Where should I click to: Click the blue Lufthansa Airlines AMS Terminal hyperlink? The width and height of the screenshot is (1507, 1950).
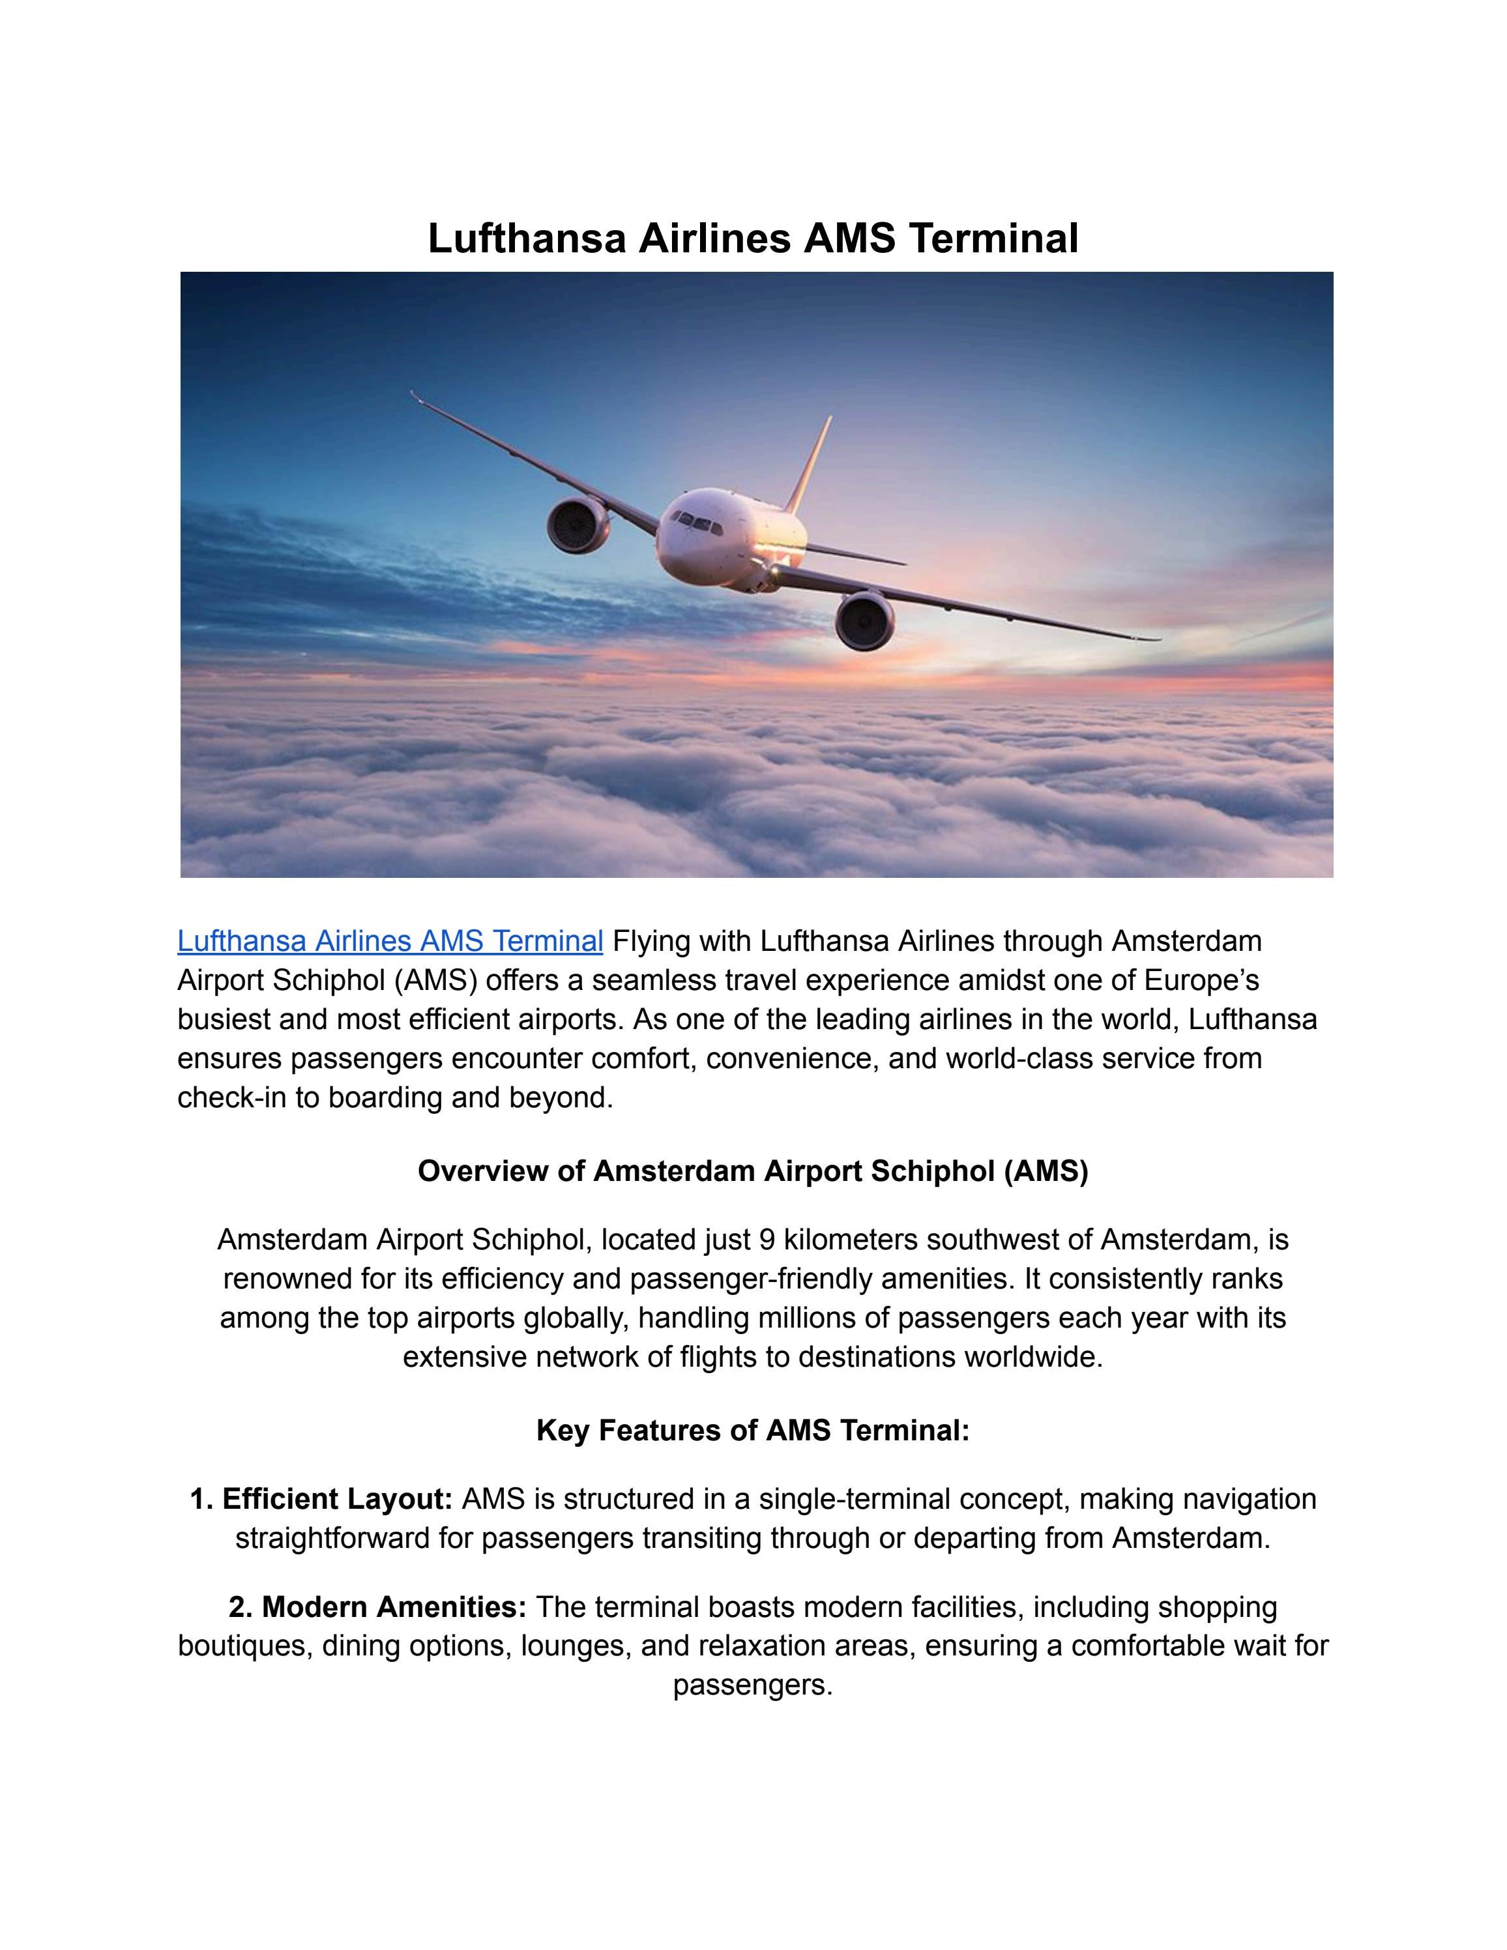[x=390, y=941]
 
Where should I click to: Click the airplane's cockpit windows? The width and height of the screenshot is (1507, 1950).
[x=696, y=522]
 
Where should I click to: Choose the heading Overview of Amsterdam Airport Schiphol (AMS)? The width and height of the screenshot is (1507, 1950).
[x=753, y=1171]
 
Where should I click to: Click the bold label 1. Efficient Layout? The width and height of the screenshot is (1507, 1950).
[x=321, y=1498]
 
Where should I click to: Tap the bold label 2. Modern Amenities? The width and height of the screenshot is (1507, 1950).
[x=377, y=1607]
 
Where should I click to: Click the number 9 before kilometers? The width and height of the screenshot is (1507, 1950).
[x=766, y=1240]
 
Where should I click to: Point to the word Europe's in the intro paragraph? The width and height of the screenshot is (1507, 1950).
[x=1202, y=980]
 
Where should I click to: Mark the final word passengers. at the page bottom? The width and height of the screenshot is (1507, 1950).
[x=753, y=1684]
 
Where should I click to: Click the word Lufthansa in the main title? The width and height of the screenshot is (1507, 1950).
[x=527, y=239]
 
